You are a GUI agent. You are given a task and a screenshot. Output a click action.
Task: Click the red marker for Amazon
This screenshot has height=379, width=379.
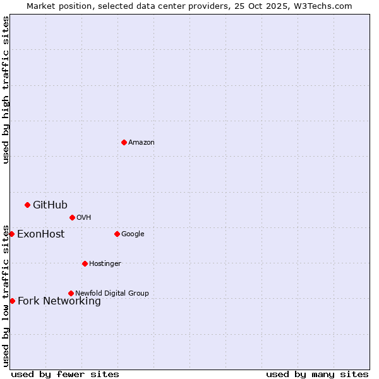point(124,142)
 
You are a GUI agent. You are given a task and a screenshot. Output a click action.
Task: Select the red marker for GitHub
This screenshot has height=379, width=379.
point(27,205)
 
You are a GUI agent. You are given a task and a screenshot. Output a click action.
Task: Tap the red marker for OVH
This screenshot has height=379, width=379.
point(72,217)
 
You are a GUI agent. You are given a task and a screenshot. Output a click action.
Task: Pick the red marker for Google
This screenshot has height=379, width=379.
point(117,234)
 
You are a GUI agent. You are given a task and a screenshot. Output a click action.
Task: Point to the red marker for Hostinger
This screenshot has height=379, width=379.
point(85,263)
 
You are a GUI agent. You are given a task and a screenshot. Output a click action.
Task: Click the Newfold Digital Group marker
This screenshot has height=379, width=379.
point(71,293)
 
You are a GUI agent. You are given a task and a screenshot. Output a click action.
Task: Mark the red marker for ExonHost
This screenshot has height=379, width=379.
point(11,234)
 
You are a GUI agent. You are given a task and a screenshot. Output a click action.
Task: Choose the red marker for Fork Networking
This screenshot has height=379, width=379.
point(12,301)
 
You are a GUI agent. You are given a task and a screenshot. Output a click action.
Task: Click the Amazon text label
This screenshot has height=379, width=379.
point(141,142)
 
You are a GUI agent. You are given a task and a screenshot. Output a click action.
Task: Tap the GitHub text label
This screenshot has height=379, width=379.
point(50,205)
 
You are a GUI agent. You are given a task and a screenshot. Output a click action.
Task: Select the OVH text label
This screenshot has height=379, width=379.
point(84,217)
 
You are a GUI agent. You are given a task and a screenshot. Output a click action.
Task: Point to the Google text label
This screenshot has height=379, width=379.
point(133,234)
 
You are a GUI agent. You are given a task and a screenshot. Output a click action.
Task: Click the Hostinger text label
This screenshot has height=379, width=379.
point(105,263)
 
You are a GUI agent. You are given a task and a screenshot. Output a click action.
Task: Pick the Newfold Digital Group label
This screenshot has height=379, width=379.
point(112,293)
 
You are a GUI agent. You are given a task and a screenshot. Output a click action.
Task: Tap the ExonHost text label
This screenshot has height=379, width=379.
point(40,234)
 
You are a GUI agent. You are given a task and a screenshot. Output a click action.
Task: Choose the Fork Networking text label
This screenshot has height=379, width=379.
point(59,301)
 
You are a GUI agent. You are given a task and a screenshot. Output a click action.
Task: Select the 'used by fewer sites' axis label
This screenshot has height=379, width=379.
point(65,374)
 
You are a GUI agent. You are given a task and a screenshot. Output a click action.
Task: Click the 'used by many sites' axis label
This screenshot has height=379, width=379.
point(317,374)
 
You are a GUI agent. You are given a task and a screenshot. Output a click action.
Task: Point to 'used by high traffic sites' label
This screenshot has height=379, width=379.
point(6,90)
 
